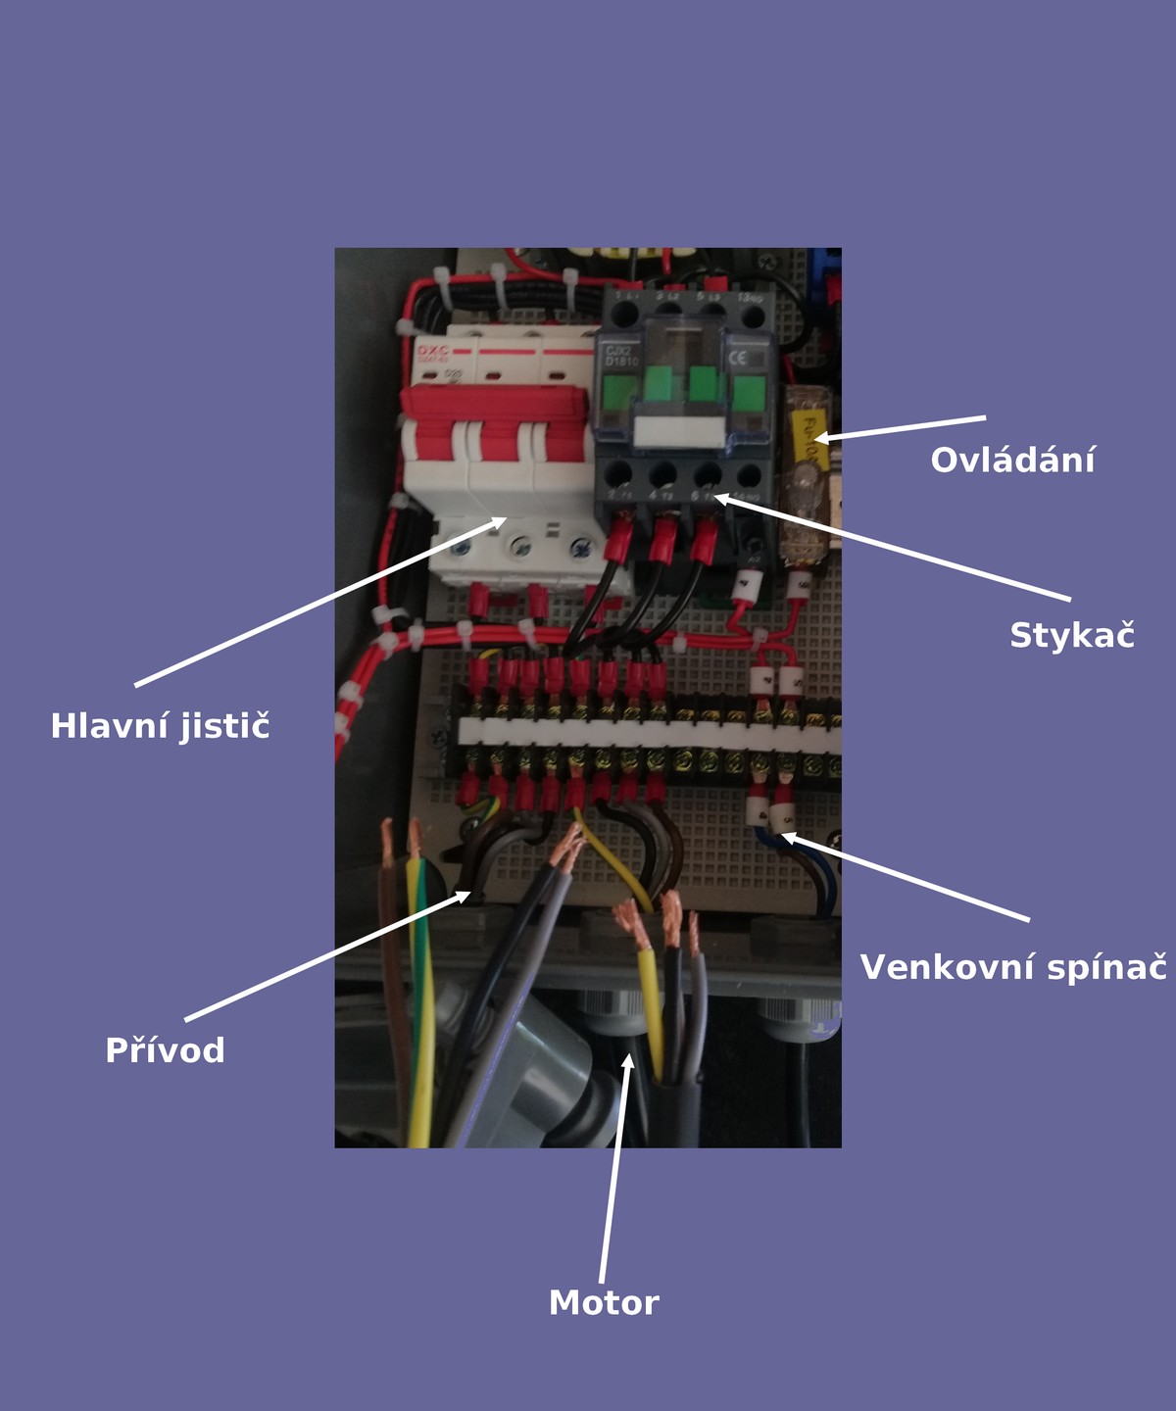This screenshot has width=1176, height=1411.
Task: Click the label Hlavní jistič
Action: click(x=160, y=727)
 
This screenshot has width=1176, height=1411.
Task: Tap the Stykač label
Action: click(x=1071, y=636)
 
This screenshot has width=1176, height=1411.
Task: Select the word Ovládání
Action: click(x=1012, y=461)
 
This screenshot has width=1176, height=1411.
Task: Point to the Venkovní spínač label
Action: click(x=1013, y=968)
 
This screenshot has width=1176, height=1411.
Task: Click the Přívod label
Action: click(x=165, y=1050)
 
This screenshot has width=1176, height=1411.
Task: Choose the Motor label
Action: click(x=604, y=1303)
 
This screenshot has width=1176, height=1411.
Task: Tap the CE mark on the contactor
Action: click(x=737, y=358)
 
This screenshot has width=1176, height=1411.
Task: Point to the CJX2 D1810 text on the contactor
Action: click(x=621, y=356)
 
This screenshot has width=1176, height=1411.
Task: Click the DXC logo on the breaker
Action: click(x=432, y=351)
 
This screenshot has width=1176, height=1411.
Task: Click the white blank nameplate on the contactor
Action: click(x=681, y=431)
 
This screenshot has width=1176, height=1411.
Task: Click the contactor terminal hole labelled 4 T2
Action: click(x=662, y=475)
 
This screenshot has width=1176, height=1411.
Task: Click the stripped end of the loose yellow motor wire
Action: click(x=624, y=921)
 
